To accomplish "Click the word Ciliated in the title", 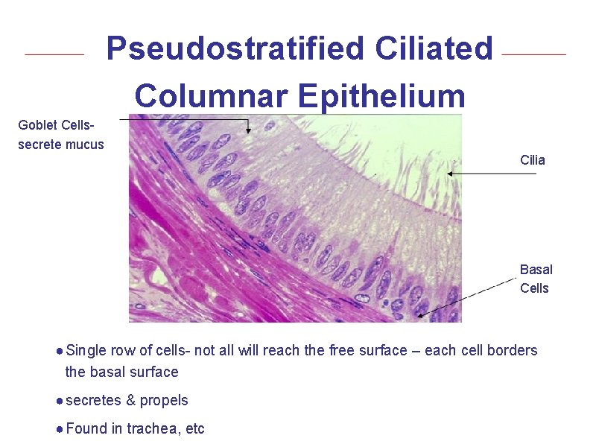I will click(x=434, y=50).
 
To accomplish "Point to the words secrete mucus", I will click(x=61, y=144).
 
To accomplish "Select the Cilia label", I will click(x=533, y=160).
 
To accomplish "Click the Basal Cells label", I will click(x=536, y=279).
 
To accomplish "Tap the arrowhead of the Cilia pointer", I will click(x=449, y=174).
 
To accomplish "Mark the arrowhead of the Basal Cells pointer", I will click(x=421, y=315).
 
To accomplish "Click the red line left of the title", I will click(x=54, y=54).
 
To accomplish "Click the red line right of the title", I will click(x=534, y=54).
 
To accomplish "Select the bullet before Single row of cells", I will click(x=59, y=351).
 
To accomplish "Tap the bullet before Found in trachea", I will click(x=59, y=429).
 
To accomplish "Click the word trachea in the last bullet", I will click(x=150, y=428).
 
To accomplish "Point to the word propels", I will click(x=165, y=401).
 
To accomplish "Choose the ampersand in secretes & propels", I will click(x=131, y=401).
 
